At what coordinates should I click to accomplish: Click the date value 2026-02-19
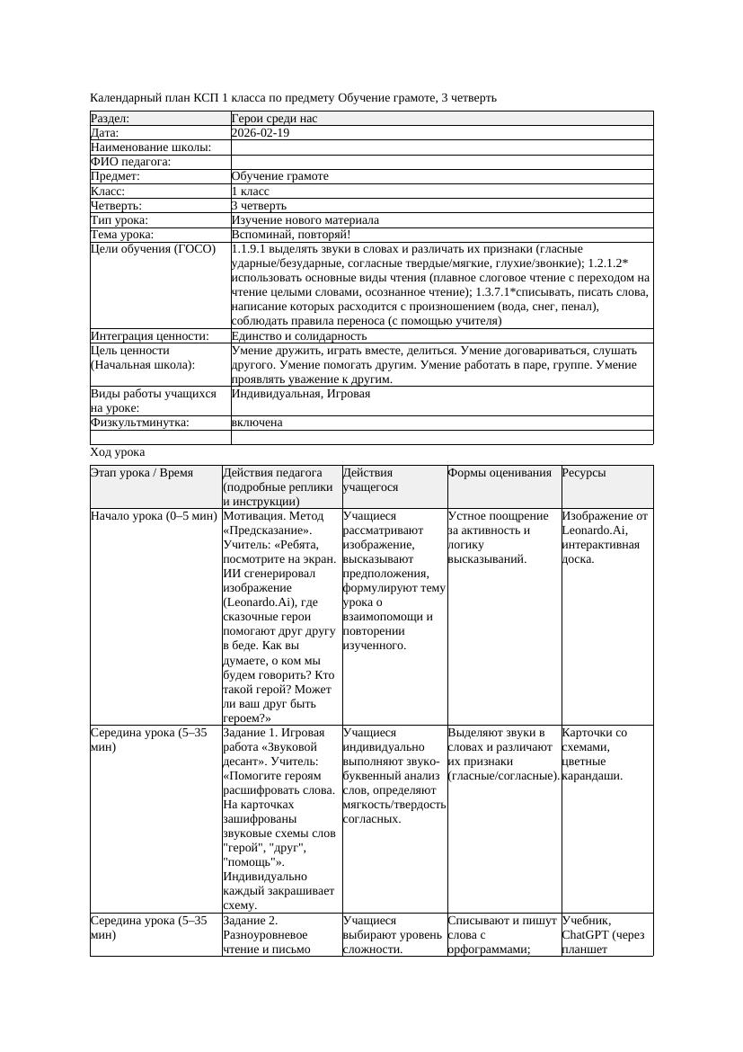pos(261,133)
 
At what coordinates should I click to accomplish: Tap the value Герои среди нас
pos(274,119)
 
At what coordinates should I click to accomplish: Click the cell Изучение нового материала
pos(305,220)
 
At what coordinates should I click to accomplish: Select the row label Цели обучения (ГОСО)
pos(153,249)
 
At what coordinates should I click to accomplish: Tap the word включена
pos(257,423)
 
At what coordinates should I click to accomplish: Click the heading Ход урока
pos(118,453)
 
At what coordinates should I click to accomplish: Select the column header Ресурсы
pos(584,473)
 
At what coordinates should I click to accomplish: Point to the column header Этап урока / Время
pos(142,473)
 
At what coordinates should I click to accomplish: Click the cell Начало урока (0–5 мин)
pos(154,517)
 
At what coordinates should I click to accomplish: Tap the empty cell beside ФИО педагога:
pos(441,162)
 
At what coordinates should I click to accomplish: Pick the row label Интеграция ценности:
pos(150,336)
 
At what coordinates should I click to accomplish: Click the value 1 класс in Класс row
pos(251,192)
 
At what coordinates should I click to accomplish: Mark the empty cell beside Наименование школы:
pos(441,147)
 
